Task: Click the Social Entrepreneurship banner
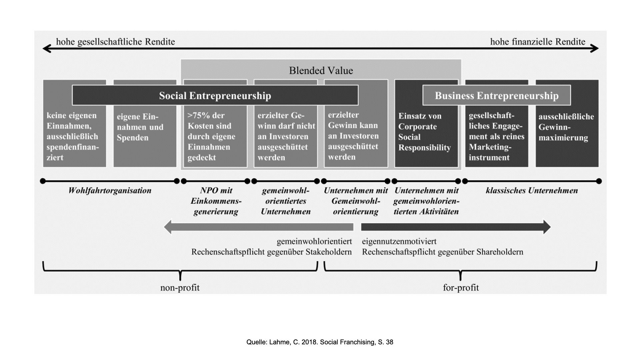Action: pyautogui.click(x=215, y=96)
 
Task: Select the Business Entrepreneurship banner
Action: pyautogui.click(x=496, y=96)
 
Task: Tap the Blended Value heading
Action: pyautogui.click(x=321, y=70)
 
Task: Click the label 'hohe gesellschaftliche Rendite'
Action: pyautogui.click(x=115, y=42)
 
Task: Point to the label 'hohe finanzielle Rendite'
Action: pyautogui.click(x=537, y=42)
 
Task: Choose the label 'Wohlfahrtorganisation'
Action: pyautogui.click(x=110, y=190)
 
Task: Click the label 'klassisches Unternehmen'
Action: pyautogui.click(x=532, y=190)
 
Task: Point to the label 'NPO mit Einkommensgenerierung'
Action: pyautogui.click(x=216, y=201)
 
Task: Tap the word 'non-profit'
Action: pyautogui.click(x=180, y=287)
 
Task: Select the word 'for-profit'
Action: pyautogui.click(x=461, y=287)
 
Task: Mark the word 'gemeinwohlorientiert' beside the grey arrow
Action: pyautogui.click(x=314, y=241)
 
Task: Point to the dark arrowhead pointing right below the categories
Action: pyautogui.click(x=547, y=227)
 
